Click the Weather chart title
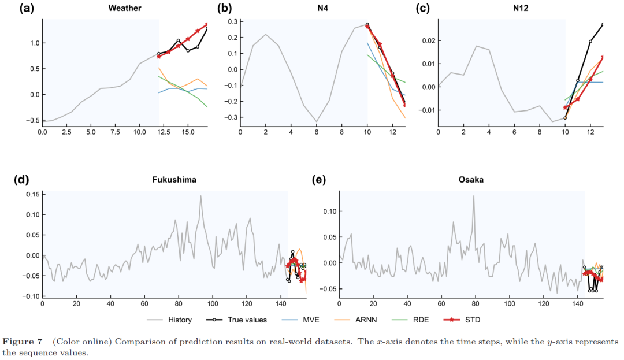[x=125, y=8]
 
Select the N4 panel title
[x=323, y=8]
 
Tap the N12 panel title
[x=521, y=8]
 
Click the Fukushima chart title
[x=174, y=180]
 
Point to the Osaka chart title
[x=471, y=180]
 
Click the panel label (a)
[x=27, y=8]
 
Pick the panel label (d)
[x=21, y=180]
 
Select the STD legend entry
[x=461, y=320]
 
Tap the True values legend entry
[x=236, y=320]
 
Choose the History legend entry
[x=169, y=320]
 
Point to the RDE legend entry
[x=410, y=320]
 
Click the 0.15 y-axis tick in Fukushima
[x=32, y=194]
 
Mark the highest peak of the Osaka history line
[x=474, y=196]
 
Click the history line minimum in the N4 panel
[x=317, y=121]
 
